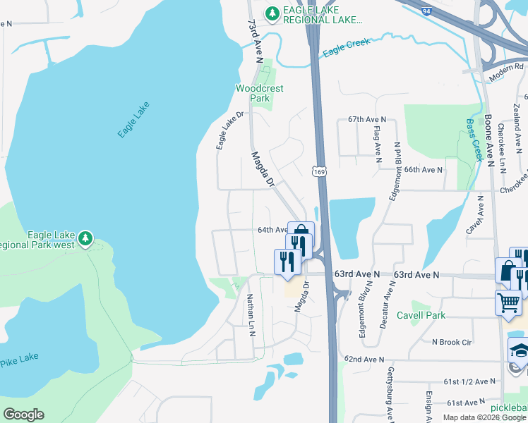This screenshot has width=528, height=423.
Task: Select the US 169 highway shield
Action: point(320,171)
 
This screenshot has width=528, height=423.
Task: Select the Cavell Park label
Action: point(421,315)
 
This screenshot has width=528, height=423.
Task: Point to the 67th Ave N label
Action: point(367,120)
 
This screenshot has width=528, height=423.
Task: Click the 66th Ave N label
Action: point(423,170)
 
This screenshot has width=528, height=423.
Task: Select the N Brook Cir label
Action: point(451,342)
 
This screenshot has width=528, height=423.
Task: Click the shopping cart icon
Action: point(508,303)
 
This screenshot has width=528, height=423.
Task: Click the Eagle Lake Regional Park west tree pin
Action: point(86,238)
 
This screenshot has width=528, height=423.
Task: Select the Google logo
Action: point(23,415)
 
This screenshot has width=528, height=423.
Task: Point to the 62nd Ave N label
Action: point(363,359)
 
